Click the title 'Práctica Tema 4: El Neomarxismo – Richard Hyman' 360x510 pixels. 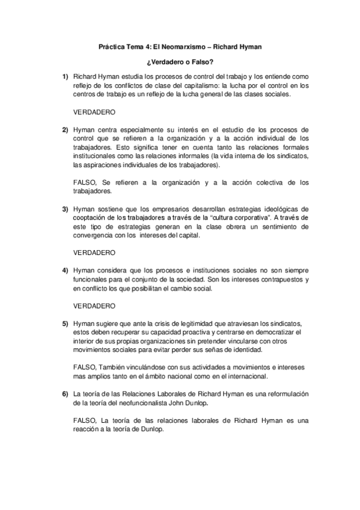180,46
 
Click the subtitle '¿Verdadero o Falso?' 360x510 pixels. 180,62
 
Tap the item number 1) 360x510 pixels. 65,78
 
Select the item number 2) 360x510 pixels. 65,129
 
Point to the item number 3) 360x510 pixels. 65,209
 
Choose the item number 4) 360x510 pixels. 65,271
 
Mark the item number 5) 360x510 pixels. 65,324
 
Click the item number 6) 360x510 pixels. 65,393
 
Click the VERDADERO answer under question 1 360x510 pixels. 94,112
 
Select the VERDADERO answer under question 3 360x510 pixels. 94,253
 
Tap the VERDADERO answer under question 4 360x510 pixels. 94,306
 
